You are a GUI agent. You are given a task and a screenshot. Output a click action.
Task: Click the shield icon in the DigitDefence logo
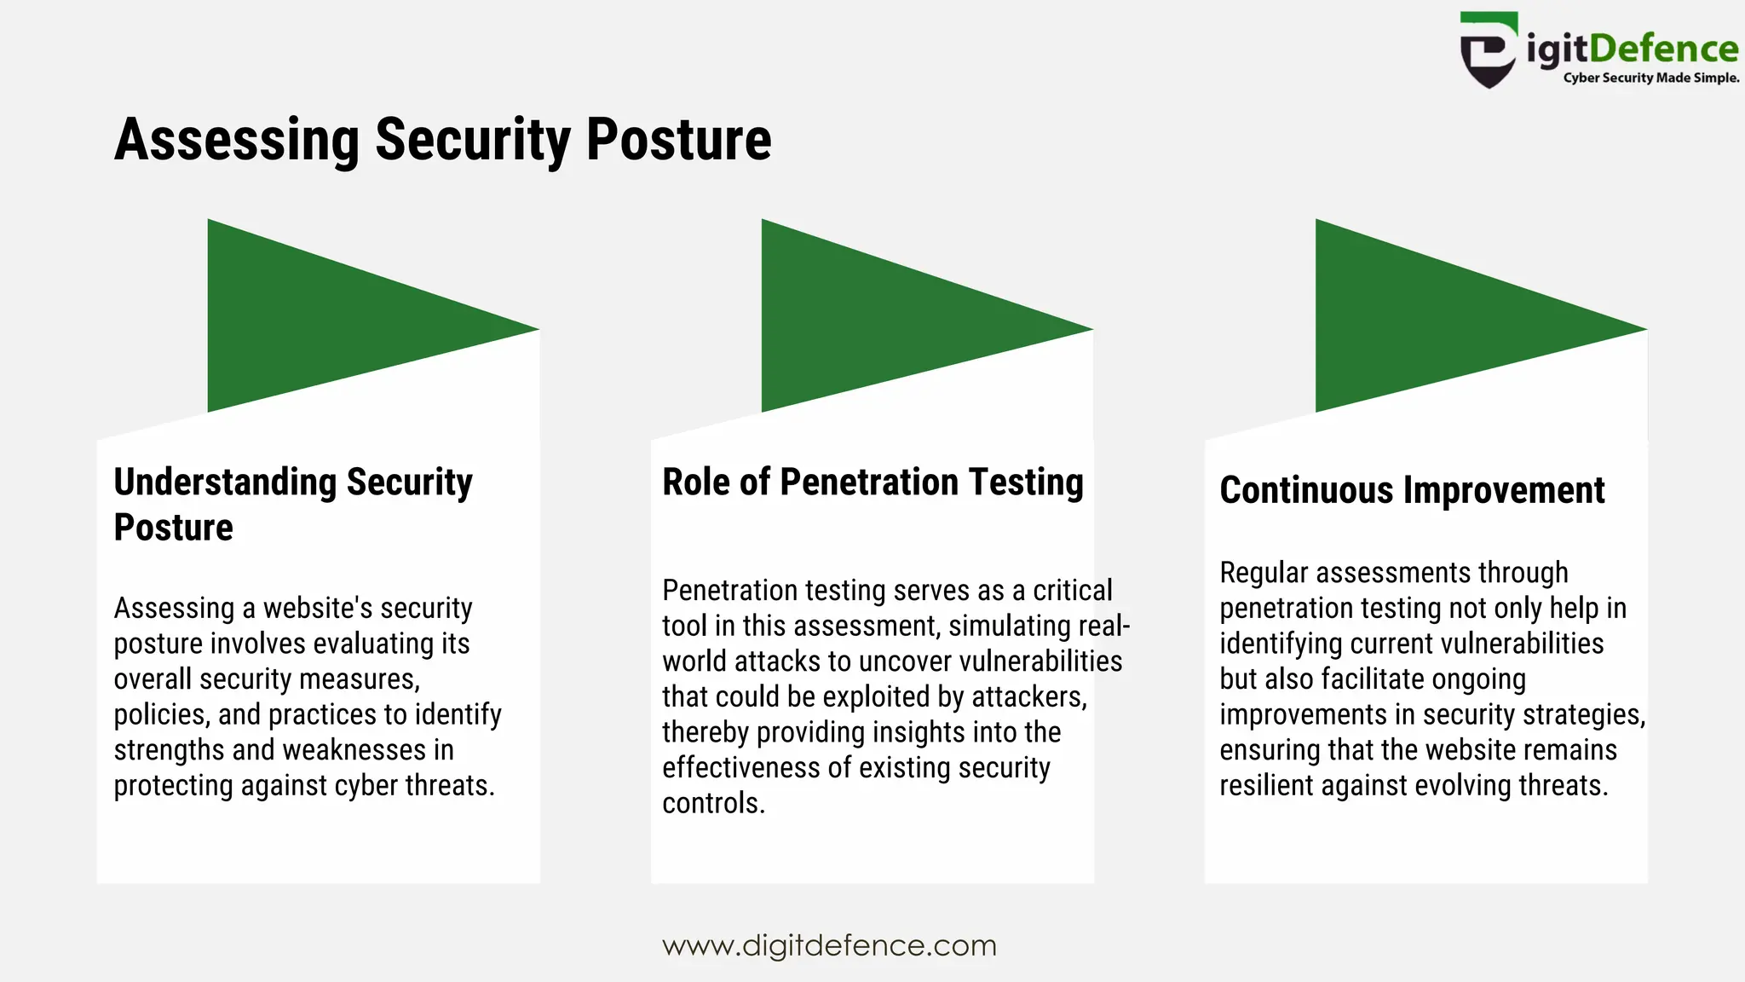coord(1488,51)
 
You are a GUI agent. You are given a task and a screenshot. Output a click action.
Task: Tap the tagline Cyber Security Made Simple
coord(1650,78)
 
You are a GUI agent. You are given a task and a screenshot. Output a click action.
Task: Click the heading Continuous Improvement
coord(1412,491)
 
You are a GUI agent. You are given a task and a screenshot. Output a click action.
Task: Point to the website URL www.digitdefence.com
coord(829,945)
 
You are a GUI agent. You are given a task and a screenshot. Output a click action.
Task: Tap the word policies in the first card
coord(160,715)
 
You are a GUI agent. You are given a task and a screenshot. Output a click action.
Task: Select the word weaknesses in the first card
coord(354,751)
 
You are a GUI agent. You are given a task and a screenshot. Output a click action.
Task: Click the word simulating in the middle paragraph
coord(1010,627)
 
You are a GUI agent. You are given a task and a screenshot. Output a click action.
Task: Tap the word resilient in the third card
coord(1266,786)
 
